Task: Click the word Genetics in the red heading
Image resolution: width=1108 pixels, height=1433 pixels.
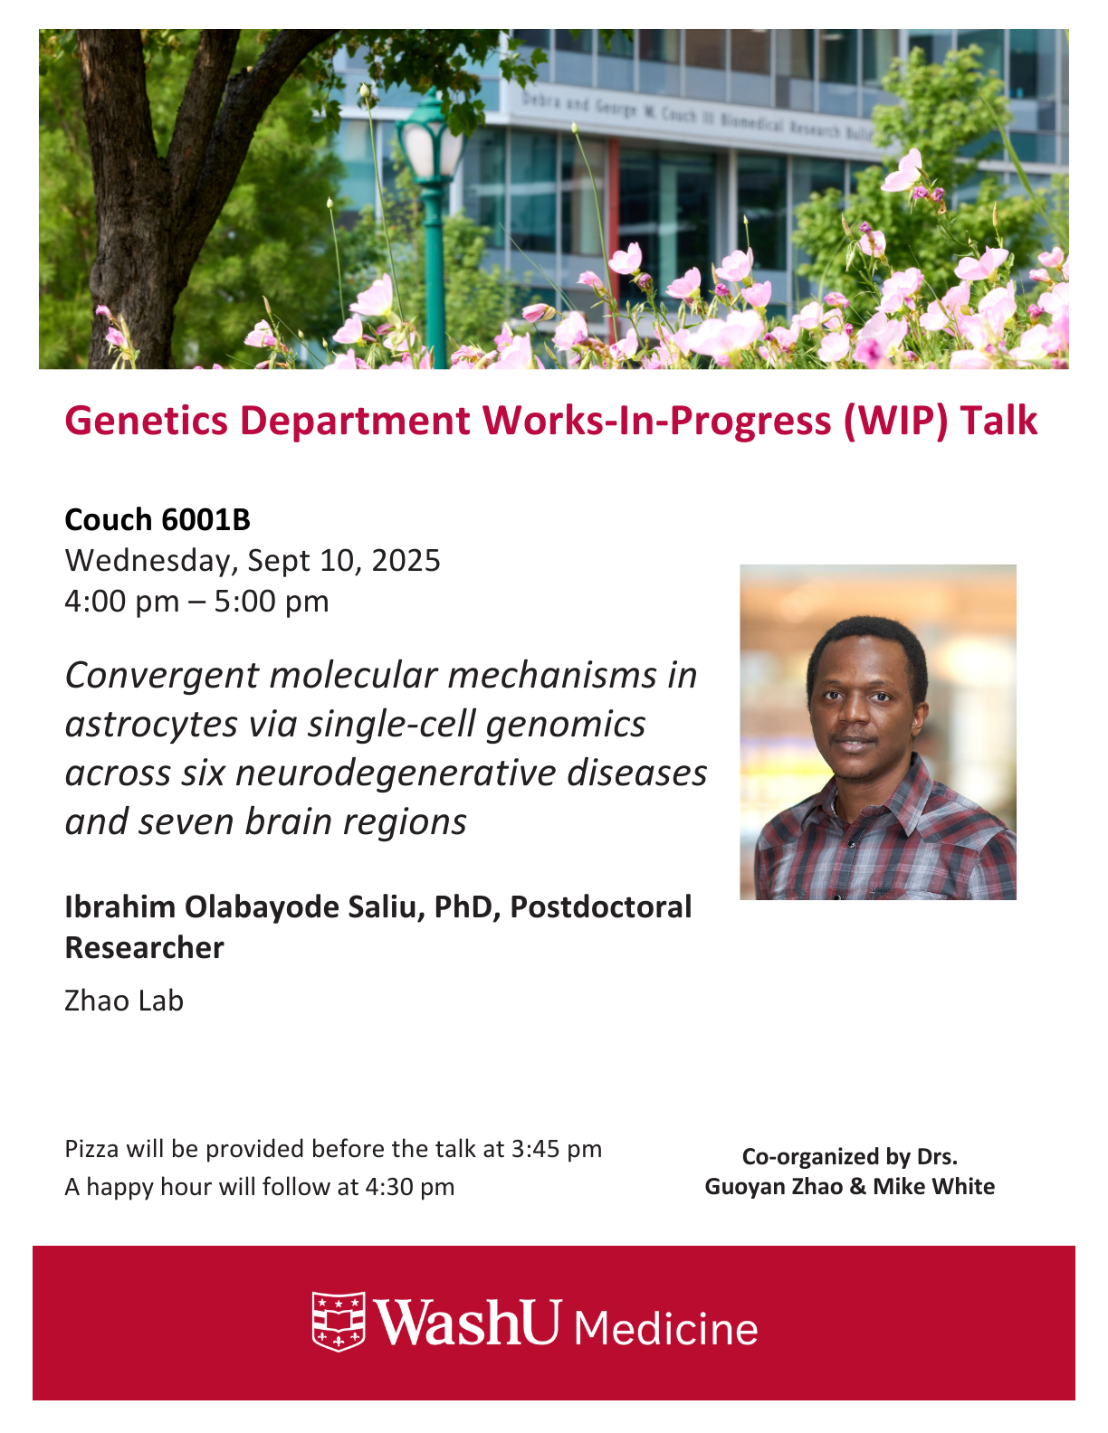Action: [147, 420]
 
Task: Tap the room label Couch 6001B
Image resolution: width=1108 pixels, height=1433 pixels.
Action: [158, 519]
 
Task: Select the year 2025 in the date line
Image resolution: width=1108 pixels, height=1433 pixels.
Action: [406, 561]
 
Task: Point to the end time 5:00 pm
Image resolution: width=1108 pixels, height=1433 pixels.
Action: [272, 602]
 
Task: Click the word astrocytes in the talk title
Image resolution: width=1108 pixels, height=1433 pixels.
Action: [151, 725]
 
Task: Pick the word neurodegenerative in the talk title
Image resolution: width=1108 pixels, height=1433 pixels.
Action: [396, 773]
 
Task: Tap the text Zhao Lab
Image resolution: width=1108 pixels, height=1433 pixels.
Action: [124, 1001]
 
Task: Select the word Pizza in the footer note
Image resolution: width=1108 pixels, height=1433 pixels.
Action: [91, 1150]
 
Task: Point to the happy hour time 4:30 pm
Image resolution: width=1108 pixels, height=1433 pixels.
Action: [410, 1187]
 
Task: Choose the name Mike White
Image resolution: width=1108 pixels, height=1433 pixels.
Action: [934, 1186]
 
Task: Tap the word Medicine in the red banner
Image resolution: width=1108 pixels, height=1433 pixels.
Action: [666, 1329]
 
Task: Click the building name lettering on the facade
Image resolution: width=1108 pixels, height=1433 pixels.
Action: [696, 118]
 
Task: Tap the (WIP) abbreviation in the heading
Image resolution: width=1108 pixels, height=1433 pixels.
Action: [895, 421]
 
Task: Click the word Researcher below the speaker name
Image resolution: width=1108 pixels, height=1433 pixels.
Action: [145, 947]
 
